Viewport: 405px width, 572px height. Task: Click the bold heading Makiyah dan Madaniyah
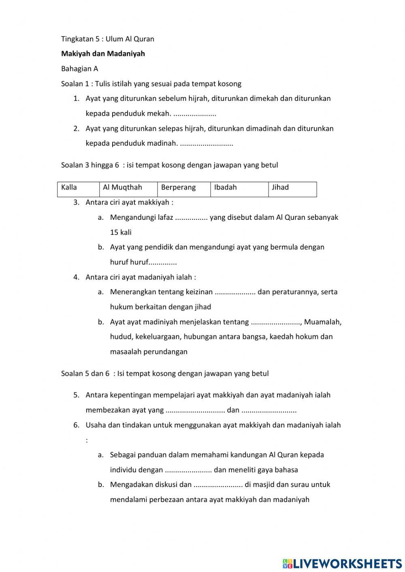pyautogui.click(x=103, y=54)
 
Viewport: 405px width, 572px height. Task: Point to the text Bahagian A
pyautogui.click(x=79, y=69)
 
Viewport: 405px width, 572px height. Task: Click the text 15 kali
pyautogui.click(x=121, y=232)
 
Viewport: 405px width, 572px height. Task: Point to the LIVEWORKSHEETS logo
pyautogui.click(x=342, y=563)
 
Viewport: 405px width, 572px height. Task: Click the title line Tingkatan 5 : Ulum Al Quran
pyautogui.click(x=107, y=39)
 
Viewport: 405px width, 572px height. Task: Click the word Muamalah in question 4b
pyautogui.click(x=322, y=322)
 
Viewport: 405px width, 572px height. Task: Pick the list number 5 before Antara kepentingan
pyautogui.click(x=76, y=395)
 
